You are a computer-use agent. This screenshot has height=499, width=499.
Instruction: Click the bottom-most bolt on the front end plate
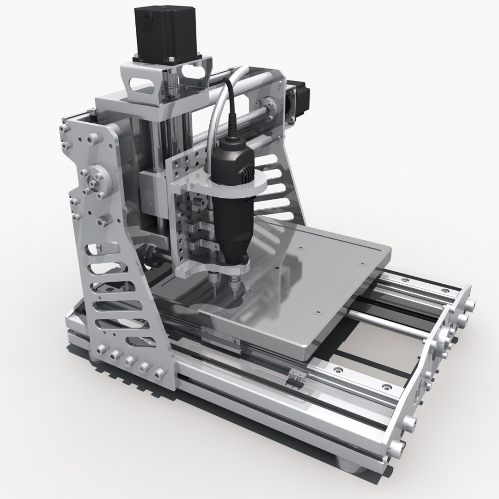click(x=396, y=447)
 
